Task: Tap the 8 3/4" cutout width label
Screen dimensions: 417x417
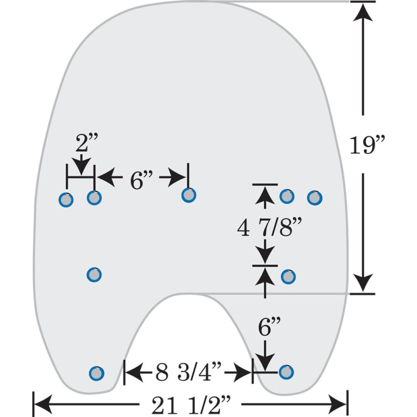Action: click(x=188, y=373)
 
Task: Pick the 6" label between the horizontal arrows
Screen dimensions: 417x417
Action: click(x=141, y=180)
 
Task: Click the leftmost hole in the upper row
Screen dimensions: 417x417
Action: click(x=66, y=200)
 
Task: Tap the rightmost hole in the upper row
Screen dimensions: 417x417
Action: click(x=314, y=198)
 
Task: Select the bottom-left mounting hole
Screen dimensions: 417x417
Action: click(x=96, y=373)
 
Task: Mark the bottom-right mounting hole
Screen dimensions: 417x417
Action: click(x=286, y=372)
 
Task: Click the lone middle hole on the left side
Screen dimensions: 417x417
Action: click(x=94, y=275)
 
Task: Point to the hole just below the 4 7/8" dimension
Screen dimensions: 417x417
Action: click(x=288, y=277)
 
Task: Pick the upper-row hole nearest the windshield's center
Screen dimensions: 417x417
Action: click(x=189, y=195)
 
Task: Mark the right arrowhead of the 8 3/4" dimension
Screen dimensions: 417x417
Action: click(x=243, y=373)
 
